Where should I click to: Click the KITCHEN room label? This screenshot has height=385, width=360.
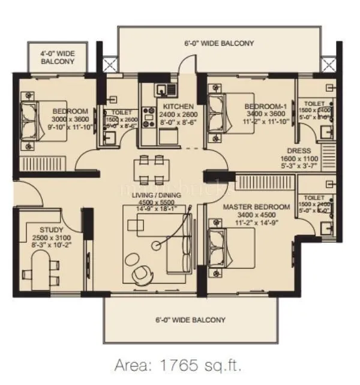click(178, 106)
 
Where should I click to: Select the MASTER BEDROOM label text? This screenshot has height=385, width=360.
click(256, 207)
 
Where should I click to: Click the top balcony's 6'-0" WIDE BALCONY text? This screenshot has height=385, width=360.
click(219, 43)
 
